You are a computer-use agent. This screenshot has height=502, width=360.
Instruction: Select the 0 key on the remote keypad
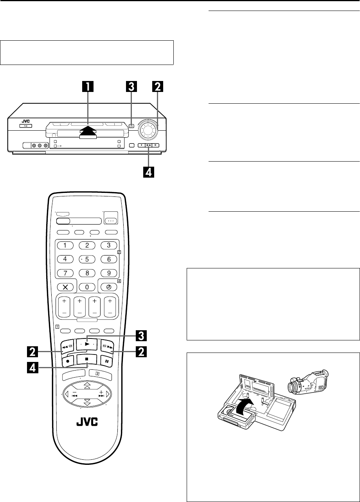(x=87, y=287)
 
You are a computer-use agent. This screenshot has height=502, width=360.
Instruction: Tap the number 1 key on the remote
(x=65, y=246)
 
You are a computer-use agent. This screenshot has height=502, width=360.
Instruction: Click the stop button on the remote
(x=87, y=358)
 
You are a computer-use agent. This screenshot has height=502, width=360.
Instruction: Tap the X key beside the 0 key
(x=65, y=287)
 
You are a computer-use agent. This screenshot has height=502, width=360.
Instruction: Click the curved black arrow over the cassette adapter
(x=244, y=408)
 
